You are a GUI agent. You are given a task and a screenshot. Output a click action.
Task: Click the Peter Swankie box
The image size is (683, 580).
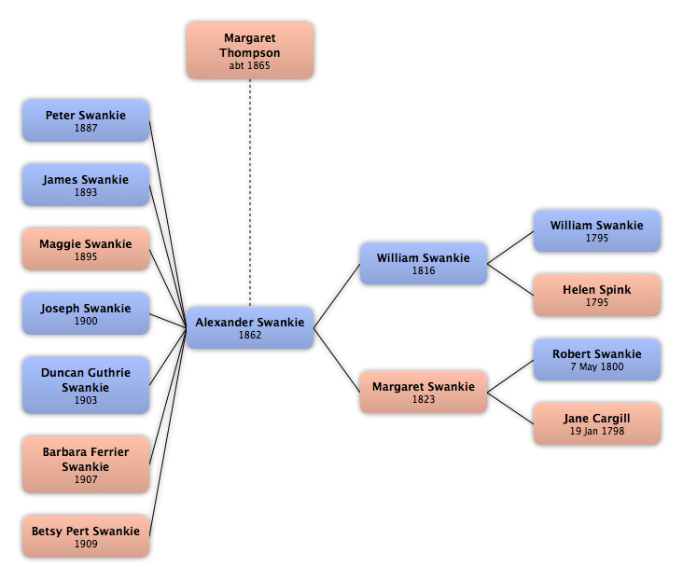pyautogui.click(x=86, y=120)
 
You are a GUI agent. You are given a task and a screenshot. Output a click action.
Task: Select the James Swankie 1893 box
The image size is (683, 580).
pyautogui.click(x=86, y=185)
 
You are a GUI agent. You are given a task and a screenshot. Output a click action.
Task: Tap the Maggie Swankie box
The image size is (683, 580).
pyautogui.click(x=86, y=250)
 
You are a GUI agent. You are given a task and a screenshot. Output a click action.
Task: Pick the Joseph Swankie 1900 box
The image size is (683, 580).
pyautogui.click(x=86, y=314)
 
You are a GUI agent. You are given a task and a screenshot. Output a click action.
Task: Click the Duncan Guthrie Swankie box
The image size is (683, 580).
pyautogui.click(x=86, y=385)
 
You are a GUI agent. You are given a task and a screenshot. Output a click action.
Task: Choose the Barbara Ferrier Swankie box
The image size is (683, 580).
pyautogui.click(x=86, y=464)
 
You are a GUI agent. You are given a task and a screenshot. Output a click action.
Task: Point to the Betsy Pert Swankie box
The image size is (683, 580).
pyautogui.click(x=86, y=536)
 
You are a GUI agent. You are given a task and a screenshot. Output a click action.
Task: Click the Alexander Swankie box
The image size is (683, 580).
pyautogui.click(x=250, y=328)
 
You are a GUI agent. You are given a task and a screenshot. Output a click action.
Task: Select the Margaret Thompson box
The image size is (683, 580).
pyautogui.click(x=250, y=51)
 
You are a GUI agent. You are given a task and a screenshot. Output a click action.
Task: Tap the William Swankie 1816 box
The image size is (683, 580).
pyautogui.click(x=424, y=264)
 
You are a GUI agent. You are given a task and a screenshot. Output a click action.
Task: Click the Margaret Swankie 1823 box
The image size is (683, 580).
pyautogui.click(x=424, y=393)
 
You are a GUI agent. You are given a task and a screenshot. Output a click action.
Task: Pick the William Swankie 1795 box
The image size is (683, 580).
pyautogui.click(x=597, y=231)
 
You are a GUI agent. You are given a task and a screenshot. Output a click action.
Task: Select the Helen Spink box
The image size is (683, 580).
pyautogui.click(x=597, y=296)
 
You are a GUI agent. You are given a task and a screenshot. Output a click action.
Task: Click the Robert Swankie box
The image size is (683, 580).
pyautogui.click(x=597, y=360)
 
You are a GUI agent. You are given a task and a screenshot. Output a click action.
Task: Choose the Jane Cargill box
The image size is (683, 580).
pyautogui.click(x=597, y=424)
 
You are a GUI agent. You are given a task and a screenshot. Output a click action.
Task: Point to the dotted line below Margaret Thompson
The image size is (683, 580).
pyautogui.click(x=250, y=193)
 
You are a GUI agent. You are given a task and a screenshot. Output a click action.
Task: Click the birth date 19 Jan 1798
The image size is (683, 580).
pyautogui.click(x=597, y=431)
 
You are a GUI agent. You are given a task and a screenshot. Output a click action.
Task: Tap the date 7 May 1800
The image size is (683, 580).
pyautogui.click(x=597, y=366)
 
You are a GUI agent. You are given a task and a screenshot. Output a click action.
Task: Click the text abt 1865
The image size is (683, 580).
pyautogui.click(x=249, y=66)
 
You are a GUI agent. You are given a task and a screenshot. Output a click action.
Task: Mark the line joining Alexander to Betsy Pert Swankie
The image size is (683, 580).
pyautogui.click(x=168, y=432)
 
